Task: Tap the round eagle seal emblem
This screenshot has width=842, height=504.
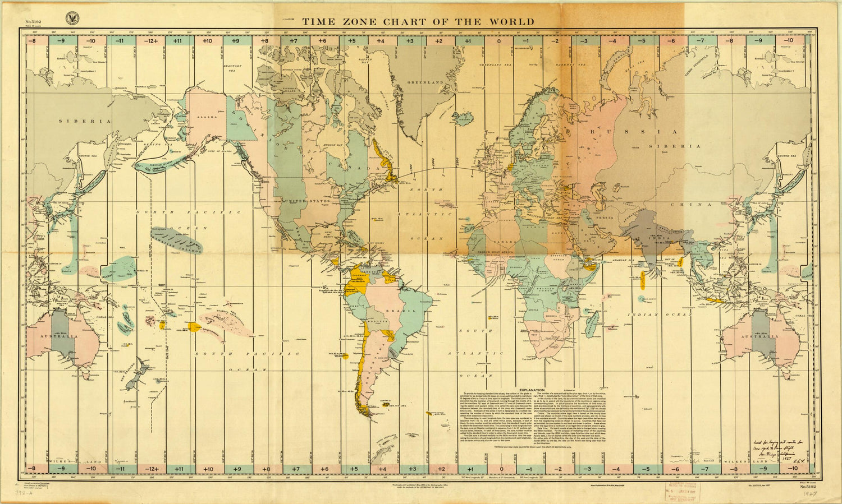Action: pyautogui.click(x=71, y=17)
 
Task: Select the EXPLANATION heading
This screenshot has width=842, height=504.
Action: pyautogui.click(x=532, y=390)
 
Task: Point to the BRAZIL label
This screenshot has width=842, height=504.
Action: pyautogui.click(x=408, y=310)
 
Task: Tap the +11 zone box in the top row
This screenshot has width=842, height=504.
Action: pyautogui.click(x=177, y=41)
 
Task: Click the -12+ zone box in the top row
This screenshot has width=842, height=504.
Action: pyautogui.click(x=149, y=41)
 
